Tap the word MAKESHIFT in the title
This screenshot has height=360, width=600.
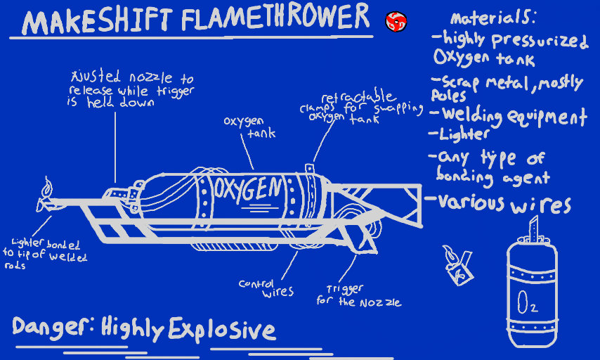[x=98, y=22]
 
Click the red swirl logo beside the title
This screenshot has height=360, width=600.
[x=396, y=22]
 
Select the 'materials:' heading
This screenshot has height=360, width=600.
[x=493, y=18]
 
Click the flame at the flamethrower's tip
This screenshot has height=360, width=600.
[x=47, y=189]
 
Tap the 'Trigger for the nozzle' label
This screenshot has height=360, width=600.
[x=358, y=295]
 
